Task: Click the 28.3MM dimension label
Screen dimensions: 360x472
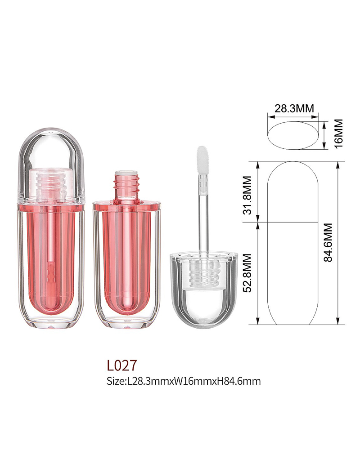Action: coord(294,108)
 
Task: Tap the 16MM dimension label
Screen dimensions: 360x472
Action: coord(338,133)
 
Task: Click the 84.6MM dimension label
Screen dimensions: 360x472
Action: coord(328,242)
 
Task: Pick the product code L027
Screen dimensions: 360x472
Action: coord(121,365)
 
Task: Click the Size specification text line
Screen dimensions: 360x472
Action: coord(184,381)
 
